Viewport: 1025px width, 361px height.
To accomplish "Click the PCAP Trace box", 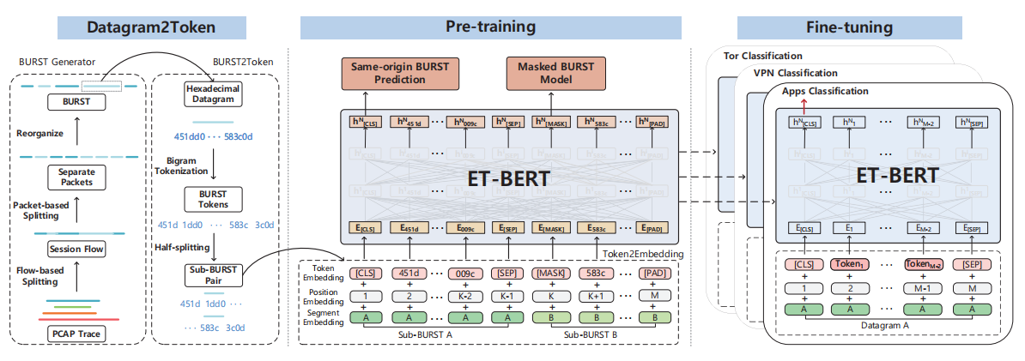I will pos(76,333).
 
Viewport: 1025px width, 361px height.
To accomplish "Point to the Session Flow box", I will pos(76,250).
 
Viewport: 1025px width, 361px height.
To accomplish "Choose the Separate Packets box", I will pos(76,177).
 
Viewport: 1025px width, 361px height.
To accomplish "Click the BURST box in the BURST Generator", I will pos(76,101).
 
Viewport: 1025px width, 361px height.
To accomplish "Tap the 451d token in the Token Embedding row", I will pos(410,274).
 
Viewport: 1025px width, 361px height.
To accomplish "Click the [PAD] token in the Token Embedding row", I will pos(655,274).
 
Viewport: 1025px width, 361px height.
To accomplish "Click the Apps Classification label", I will pos(825,91).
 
